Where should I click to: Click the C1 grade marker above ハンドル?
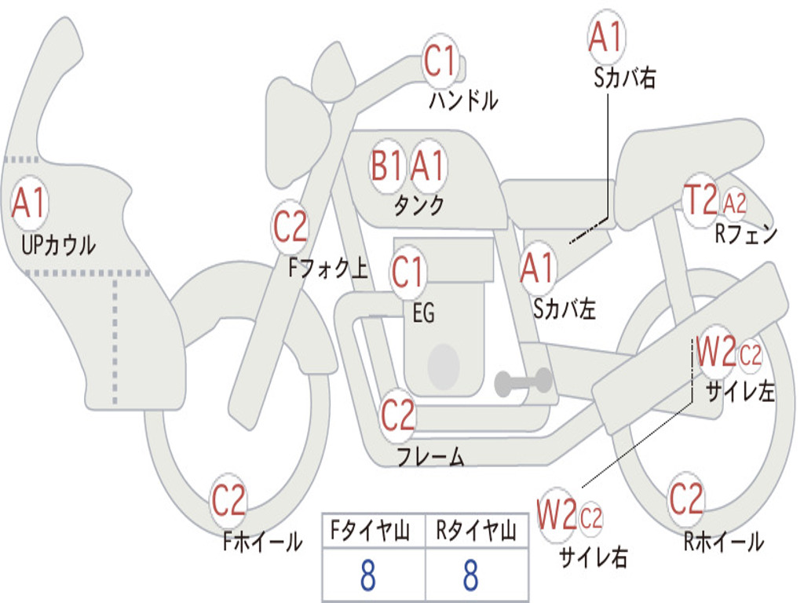(440, 60)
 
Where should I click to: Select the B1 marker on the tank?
(387, 166)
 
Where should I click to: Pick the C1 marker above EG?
(407, 272)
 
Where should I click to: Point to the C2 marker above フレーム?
(397, 415)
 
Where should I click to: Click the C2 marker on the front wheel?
(228, 501)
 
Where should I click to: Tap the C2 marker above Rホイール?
(685, 499)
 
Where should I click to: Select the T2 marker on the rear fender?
(700, 200)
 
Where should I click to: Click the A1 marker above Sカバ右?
(605, 37)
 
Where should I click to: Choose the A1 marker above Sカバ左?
(538, 268)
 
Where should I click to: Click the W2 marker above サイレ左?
(715, 353)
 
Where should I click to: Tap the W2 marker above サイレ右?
(557, 516)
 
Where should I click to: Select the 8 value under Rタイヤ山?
(470, 576)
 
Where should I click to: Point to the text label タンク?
(418, 205)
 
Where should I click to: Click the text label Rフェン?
(745, 233)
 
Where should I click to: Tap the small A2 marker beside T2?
(735, 204)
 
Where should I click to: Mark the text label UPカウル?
(58, 245)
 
